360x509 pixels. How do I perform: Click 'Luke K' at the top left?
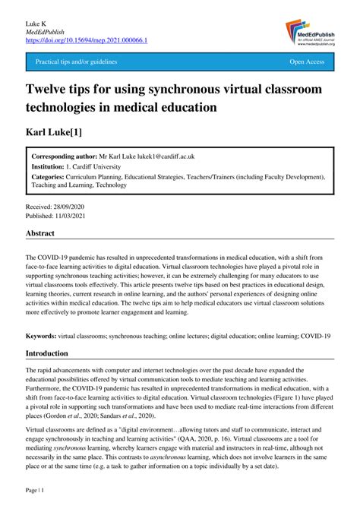click(x=36, y=21)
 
